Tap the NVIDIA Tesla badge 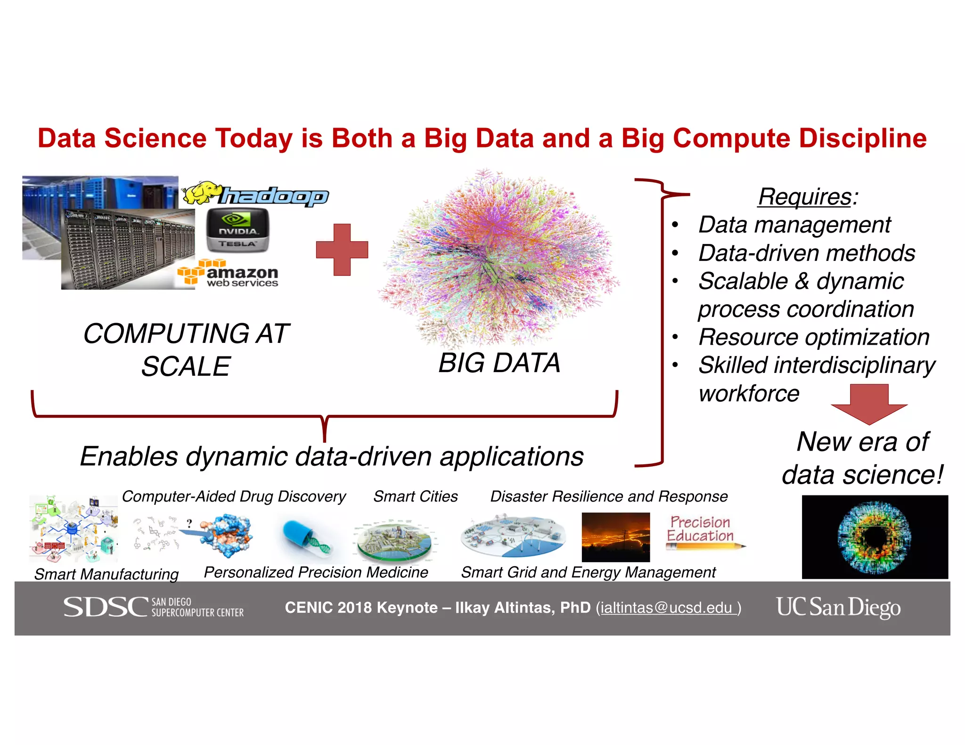point(238,231)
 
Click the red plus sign point(342,250)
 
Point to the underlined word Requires point(805,196)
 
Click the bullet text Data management point(794,225)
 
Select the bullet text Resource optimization point(814,337)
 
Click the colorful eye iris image point(875,537)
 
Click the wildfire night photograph point(615,537)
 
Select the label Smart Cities point(415,496)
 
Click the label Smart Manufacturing point(106,574)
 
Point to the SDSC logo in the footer point(153,607)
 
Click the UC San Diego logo point(838,607)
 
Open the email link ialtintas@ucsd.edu point(668,608)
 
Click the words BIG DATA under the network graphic point(499,363)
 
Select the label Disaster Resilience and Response point(609,496)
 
